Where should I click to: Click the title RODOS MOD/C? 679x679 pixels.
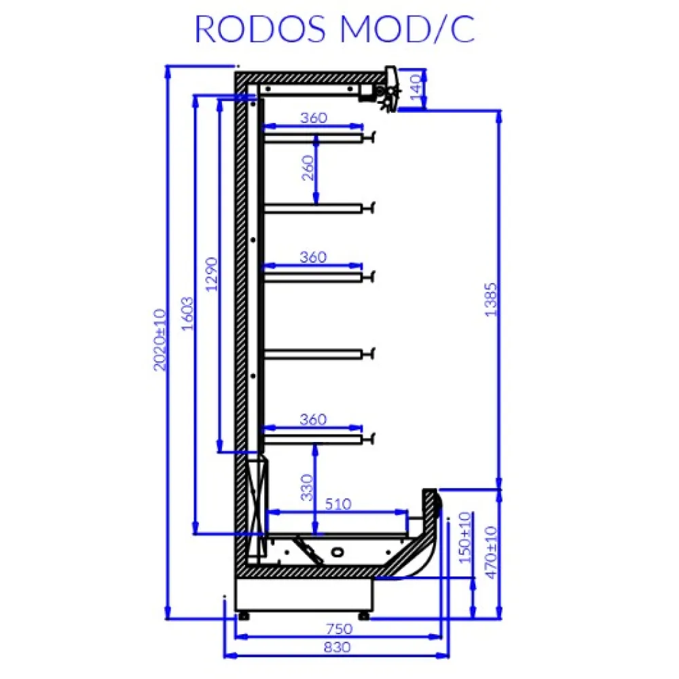click(x=335, y=29)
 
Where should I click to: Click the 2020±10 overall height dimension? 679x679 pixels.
click(x=160, y=339)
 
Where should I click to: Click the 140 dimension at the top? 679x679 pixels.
click(x=416, y=88)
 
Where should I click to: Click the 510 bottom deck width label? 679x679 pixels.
click(x=337, y=504)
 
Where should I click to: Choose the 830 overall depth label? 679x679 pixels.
click(x=337, y=648)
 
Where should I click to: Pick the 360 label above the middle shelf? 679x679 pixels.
click(x=313, y=257)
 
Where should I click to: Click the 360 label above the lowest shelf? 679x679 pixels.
click(x=313, y=420)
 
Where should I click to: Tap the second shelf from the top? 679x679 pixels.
click(x=312, y=208)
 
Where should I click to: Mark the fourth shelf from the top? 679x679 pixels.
click(x=312, y=353)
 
